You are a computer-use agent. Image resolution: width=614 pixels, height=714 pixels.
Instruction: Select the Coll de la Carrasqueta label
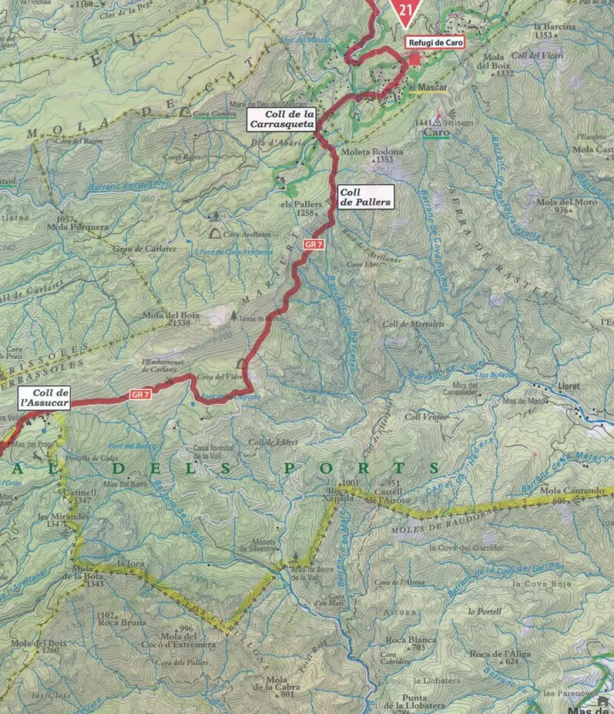point(282,119)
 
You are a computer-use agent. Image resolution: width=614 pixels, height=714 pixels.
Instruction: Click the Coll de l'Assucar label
point(43,398)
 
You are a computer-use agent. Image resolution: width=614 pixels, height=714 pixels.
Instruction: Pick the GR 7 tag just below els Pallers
point(313,244)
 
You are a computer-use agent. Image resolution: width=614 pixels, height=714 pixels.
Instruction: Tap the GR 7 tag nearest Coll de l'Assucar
point(139,394)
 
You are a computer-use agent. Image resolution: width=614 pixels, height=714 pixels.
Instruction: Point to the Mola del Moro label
point(558,202)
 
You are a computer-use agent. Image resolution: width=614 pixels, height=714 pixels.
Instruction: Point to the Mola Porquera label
point(77,227)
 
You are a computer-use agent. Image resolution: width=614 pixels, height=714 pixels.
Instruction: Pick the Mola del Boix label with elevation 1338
point(163,316)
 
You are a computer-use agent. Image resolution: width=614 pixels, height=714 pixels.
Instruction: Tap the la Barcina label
point(554,27)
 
